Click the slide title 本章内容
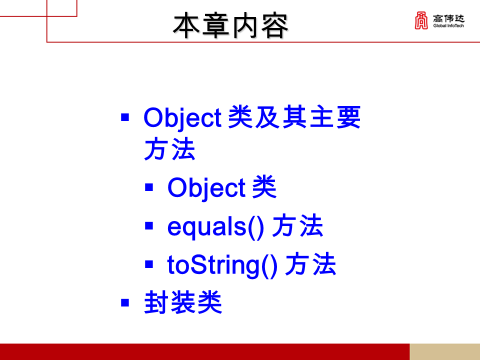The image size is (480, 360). pos(230,25)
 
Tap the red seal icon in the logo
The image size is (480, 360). pos(421,21)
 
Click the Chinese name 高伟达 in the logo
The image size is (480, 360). pos(449,18)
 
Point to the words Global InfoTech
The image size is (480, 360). pos(449,26)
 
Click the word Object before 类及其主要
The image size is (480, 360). pos(182,118)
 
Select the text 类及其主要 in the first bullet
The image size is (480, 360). pos(294,118)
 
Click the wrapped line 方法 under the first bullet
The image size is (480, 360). pos(169,149)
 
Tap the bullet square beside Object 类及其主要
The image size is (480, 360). pos(125,118)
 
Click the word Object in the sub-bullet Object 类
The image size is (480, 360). pos(206,188)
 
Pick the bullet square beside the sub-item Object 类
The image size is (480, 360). pos(148,188)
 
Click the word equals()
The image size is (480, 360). pos(215,226)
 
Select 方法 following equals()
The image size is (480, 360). pos(298,226)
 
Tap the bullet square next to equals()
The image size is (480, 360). pos(148,226)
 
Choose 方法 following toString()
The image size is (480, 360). pos(310,265)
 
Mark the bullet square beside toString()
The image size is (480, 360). pos(148,265)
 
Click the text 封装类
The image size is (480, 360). pos(183,303)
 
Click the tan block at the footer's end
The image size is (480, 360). pos(444,351)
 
